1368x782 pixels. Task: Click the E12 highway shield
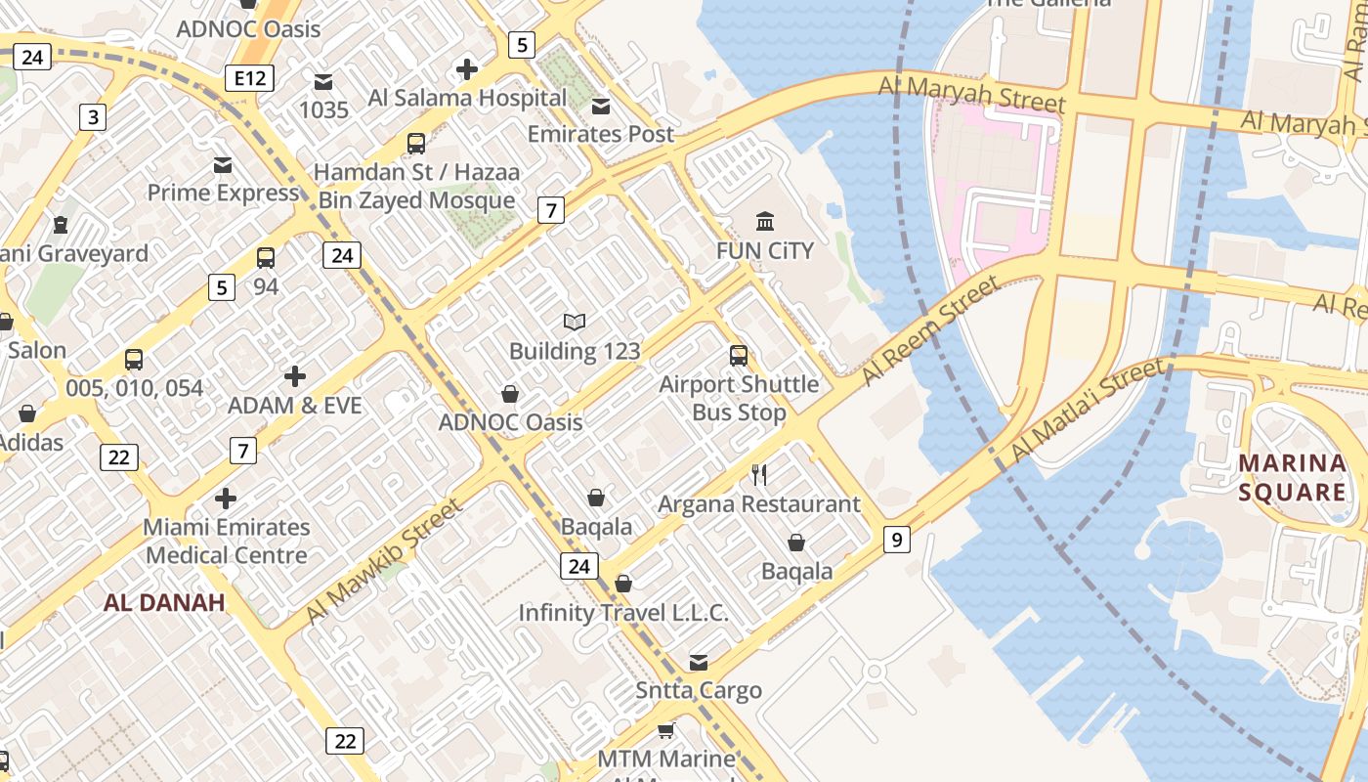(249, 78)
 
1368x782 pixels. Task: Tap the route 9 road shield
(896, 539)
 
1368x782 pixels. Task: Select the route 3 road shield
(92, 118)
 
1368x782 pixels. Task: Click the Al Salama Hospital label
(467, 98)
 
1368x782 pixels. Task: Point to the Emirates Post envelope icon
(601, 106)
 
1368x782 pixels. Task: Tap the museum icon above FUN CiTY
(765, 222)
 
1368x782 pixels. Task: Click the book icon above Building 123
(575, 322)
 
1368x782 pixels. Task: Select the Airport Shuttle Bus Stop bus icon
(739, 356)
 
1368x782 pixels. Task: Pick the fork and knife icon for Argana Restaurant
(759, 475)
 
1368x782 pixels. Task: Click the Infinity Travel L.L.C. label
(623, 613)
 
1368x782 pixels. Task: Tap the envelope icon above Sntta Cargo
(699, 663)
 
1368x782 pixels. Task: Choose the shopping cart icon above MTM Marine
(666, 730)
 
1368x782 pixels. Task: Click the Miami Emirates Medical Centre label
(226, 541)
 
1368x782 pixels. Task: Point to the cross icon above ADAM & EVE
(295, 376)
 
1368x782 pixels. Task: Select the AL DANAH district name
(164, 602)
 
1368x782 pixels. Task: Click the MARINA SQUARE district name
(1292, 476)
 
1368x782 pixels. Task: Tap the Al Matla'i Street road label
(1087, 411)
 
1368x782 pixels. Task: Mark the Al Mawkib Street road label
(382, 561)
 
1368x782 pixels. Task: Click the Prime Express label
(223, 193)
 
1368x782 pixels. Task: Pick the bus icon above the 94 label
(266, 258)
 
